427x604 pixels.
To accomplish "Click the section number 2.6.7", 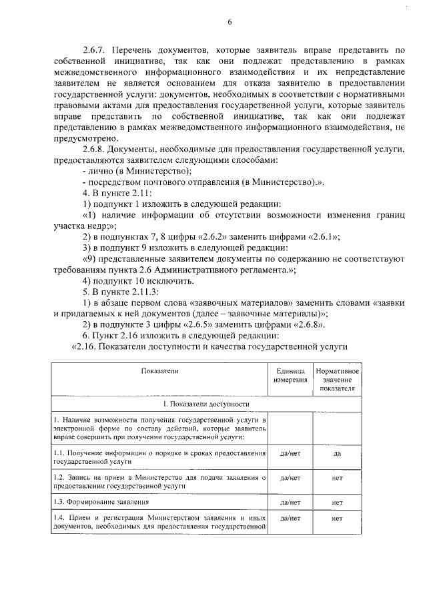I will point(94,50).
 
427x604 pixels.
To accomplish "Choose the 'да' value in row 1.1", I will point(338,453).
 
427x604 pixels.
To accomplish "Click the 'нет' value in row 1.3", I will point(338,501).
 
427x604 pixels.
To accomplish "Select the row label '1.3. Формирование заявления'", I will point(101,501).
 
